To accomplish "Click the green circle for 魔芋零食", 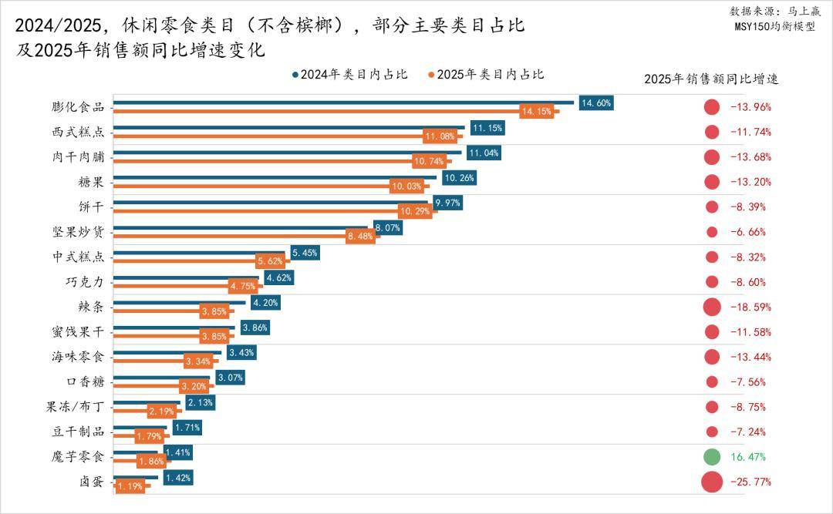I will pyautogui.click(x=712, y=457).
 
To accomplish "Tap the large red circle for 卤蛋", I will pyautogui.click(x=712, y=482).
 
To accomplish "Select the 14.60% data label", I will pyautogui.click(x=596, y=102).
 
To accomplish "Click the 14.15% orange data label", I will pyautogui.click(x=537, y=112).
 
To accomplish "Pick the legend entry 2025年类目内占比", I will pyautogui.click(x=486, y=75).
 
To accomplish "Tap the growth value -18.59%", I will pyautogui.click(x=750, y=307).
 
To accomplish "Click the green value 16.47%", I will pyautogui.click(x=748, y=457).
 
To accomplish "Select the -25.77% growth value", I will pyautogui.click(x=750, y=482).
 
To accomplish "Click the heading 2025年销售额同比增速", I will pyautogui.click(x=711, y=79).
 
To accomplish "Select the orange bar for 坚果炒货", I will pyautogui.click(x=231, y=237).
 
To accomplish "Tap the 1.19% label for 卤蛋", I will pyautogui.click(x=130, y=487).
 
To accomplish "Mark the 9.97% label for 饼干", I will pyautogui.click(x=447, y=202).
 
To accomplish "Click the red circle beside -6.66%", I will pyautogui.click(x=712, y=232).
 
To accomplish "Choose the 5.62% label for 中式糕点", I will pyautogui.click(x=270, y=261).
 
